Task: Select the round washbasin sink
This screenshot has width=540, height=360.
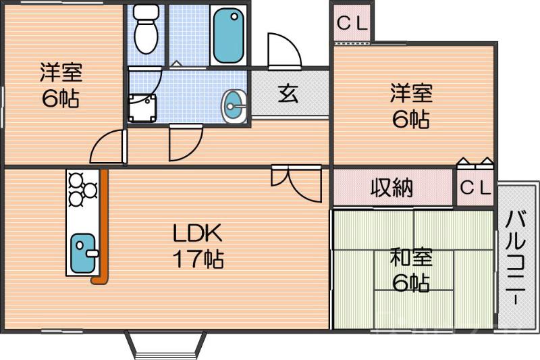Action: pos(234,106)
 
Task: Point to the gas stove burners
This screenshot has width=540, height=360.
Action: pos(82,185)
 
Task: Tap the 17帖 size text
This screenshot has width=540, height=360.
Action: pos(197,259)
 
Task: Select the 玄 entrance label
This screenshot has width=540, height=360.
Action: pos(288,94)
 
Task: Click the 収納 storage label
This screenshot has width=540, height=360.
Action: pos(391,188)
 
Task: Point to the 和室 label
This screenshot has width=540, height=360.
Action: pos(410,258)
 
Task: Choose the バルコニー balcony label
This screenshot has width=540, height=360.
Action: pos(517,257)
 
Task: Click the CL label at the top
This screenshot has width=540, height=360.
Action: pos(351,23)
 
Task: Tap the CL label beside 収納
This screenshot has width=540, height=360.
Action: pos(476,188)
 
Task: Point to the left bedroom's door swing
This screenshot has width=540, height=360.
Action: pos(108,145)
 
